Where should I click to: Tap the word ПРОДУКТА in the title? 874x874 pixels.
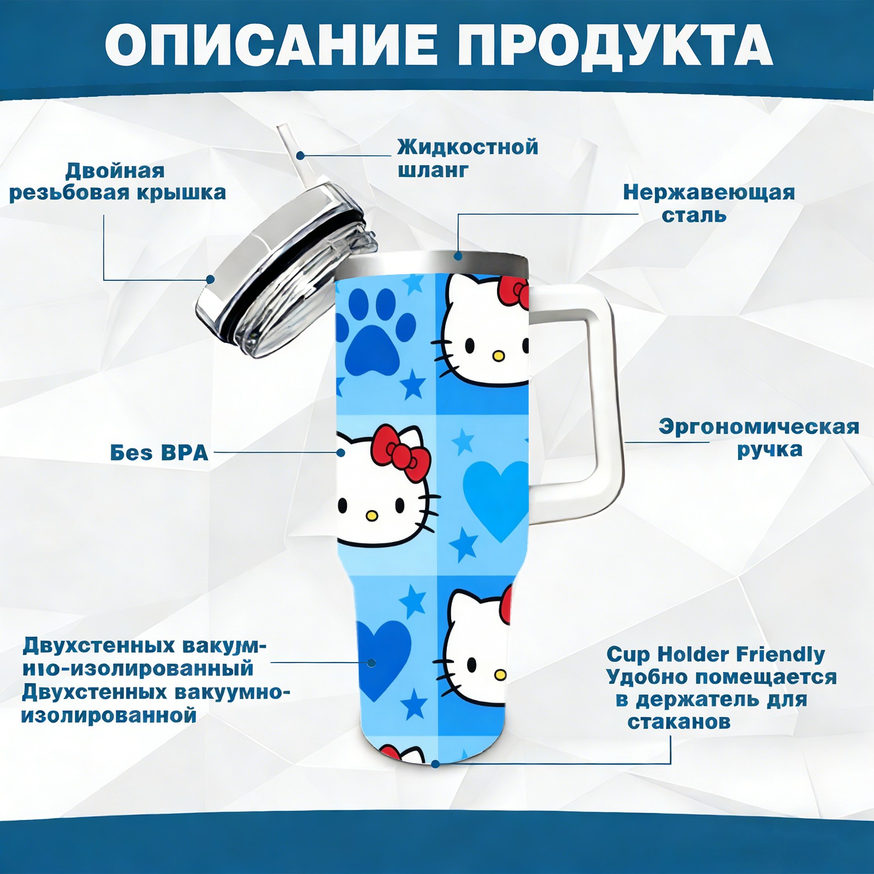pos(616,45)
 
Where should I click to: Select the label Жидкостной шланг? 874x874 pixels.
pos(468,158)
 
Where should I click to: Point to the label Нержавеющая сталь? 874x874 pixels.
pos(708,203)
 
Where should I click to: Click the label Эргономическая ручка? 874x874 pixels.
pos(759,438)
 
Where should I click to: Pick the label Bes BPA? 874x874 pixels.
pos(159,453)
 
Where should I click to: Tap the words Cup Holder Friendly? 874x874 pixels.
pos(716,654)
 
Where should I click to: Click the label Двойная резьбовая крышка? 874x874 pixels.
pos(117,181)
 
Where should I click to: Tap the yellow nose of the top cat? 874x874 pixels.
pos(497,356)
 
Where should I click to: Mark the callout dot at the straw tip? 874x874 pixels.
pos(300,156)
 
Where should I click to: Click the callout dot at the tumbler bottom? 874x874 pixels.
pos(435,763)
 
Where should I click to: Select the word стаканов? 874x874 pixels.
pos(678,722)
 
